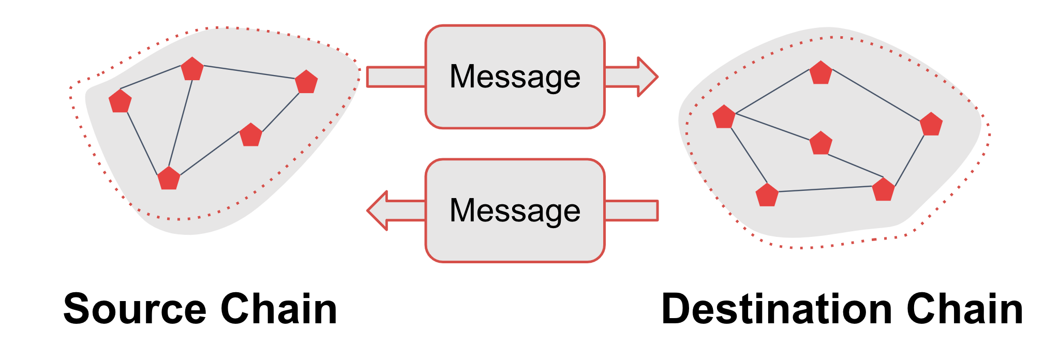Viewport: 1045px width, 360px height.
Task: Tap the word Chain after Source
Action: coord(279,309)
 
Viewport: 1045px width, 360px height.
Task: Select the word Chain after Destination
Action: coord(965,309)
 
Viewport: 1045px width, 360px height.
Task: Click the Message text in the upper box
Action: coord(515,77)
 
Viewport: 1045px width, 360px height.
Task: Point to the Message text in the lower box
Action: coord(515,211)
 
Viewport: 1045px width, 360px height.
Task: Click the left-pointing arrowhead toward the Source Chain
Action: coord(377,211)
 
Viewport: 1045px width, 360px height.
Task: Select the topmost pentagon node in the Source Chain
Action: coord(192,69)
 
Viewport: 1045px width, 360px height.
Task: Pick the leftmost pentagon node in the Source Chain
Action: coord(120,101)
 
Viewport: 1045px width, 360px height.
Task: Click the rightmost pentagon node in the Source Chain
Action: coord(306,82)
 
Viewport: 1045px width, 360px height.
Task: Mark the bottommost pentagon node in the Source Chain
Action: coord(169,178)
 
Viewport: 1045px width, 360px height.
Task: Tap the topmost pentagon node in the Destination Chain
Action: coord(821,72)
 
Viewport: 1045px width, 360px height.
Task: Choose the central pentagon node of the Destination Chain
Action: coord(821,143)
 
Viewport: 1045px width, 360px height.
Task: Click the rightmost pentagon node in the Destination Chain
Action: coord(931,124)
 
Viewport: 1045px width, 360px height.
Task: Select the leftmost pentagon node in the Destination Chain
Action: coord(724,117)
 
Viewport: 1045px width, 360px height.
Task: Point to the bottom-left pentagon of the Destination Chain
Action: coord(767,195)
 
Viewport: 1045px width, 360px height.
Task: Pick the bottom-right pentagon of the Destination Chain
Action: coord(884,189)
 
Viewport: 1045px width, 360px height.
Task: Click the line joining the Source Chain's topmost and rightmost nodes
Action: coord(249,72)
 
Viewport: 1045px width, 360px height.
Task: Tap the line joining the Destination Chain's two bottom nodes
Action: coord(825,189)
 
